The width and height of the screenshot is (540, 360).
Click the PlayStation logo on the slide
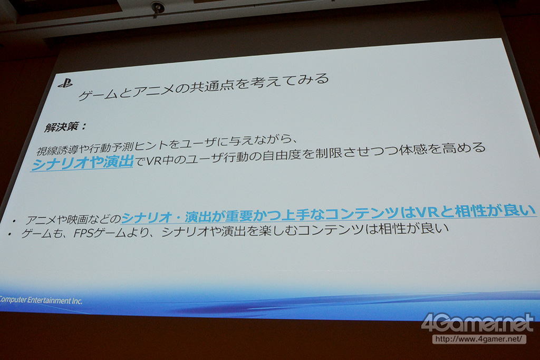click(65, 84)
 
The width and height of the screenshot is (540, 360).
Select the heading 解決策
click(62, 128)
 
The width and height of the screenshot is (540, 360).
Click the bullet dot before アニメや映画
click(14, 221)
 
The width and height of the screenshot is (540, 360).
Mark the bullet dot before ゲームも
click(10, 235)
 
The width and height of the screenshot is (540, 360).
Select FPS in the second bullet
click(83, 233)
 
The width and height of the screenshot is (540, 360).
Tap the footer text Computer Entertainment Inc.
click(41, 300)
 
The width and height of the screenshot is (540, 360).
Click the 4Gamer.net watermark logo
click(477, 323)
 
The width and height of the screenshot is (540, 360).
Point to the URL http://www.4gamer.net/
click(479, 339)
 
